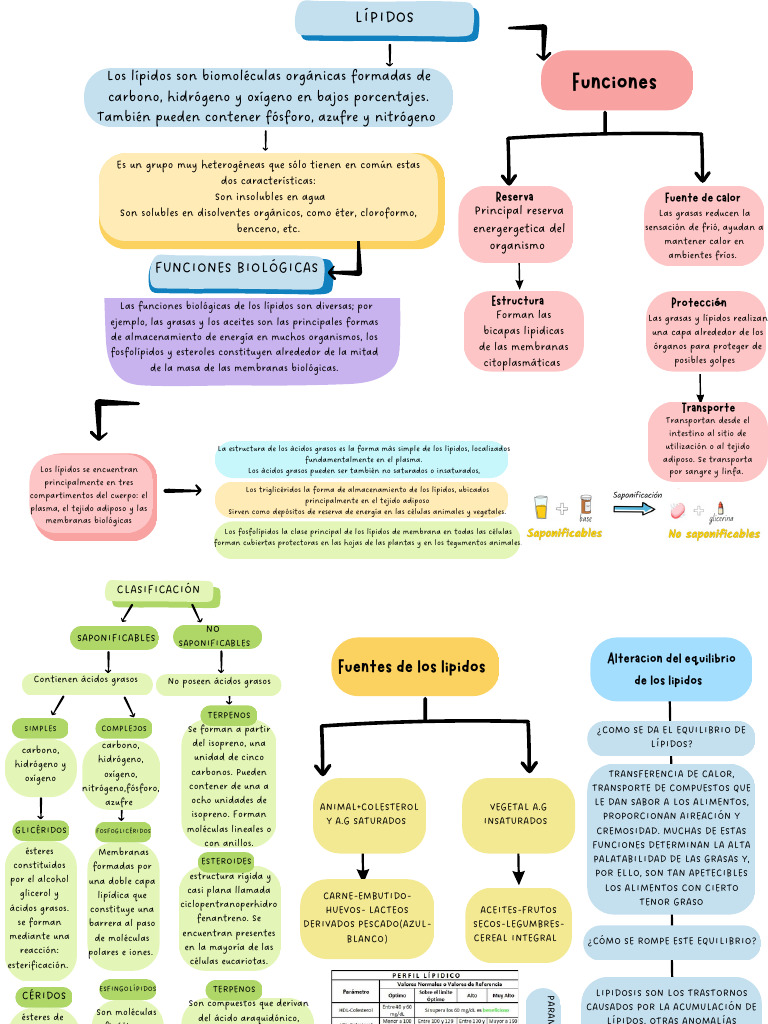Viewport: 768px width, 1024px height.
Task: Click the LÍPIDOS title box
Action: click(385, 18)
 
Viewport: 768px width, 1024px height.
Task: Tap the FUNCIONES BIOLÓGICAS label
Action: click(237, 268)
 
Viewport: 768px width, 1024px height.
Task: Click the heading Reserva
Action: click(514, 197)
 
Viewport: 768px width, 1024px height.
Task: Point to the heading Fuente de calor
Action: click(703, 197)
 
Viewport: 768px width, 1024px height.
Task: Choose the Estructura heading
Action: click(518, 300)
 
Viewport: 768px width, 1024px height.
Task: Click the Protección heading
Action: click(699, 302)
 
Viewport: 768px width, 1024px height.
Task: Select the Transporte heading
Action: click(708, 407)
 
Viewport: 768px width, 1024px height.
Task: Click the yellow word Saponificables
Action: click(564, 533)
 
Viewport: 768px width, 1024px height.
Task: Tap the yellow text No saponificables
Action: click(714, 534)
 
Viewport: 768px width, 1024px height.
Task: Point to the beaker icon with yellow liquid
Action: click(541, 507)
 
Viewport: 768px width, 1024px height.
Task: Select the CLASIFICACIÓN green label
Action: click(158, 590)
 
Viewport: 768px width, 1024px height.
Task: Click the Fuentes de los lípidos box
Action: click(411, 667)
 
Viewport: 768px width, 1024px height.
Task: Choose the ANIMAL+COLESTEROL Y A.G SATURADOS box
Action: click(368, 813)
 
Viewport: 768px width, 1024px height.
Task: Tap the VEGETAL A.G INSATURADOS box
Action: click(517, 813)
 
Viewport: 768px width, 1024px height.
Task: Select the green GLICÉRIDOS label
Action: click(41, 830)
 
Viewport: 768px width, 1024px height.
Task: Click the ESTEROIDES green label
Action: click(227, 860)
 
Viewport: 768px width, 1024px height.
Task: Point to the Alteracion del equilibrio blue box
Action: click(671, 669)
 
